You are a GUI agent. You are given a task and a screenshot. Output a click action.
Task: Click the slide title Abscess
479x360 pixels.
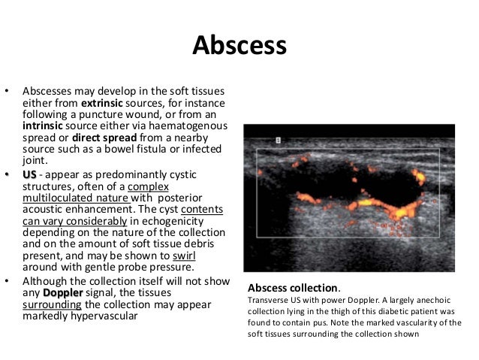[x=239, y=45]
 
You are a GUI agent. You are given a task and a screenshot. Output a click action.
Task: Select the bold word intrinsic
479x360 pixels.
[x=47, y=125]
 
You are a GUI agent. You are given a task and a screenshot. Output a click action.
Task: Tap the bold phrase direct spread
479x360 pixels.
[x=108, y=137]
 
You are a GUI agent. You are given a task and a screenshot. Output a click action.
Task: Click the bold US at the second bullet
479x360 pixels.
[x=29, y=174]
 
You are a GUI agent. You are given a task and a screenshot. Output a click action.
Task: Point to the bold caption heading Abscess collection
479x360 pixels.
[x=294, y=289]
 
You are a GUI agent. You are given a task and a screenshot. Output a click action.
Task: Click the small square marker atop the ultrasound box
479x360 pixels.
[x=278, y=140]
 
